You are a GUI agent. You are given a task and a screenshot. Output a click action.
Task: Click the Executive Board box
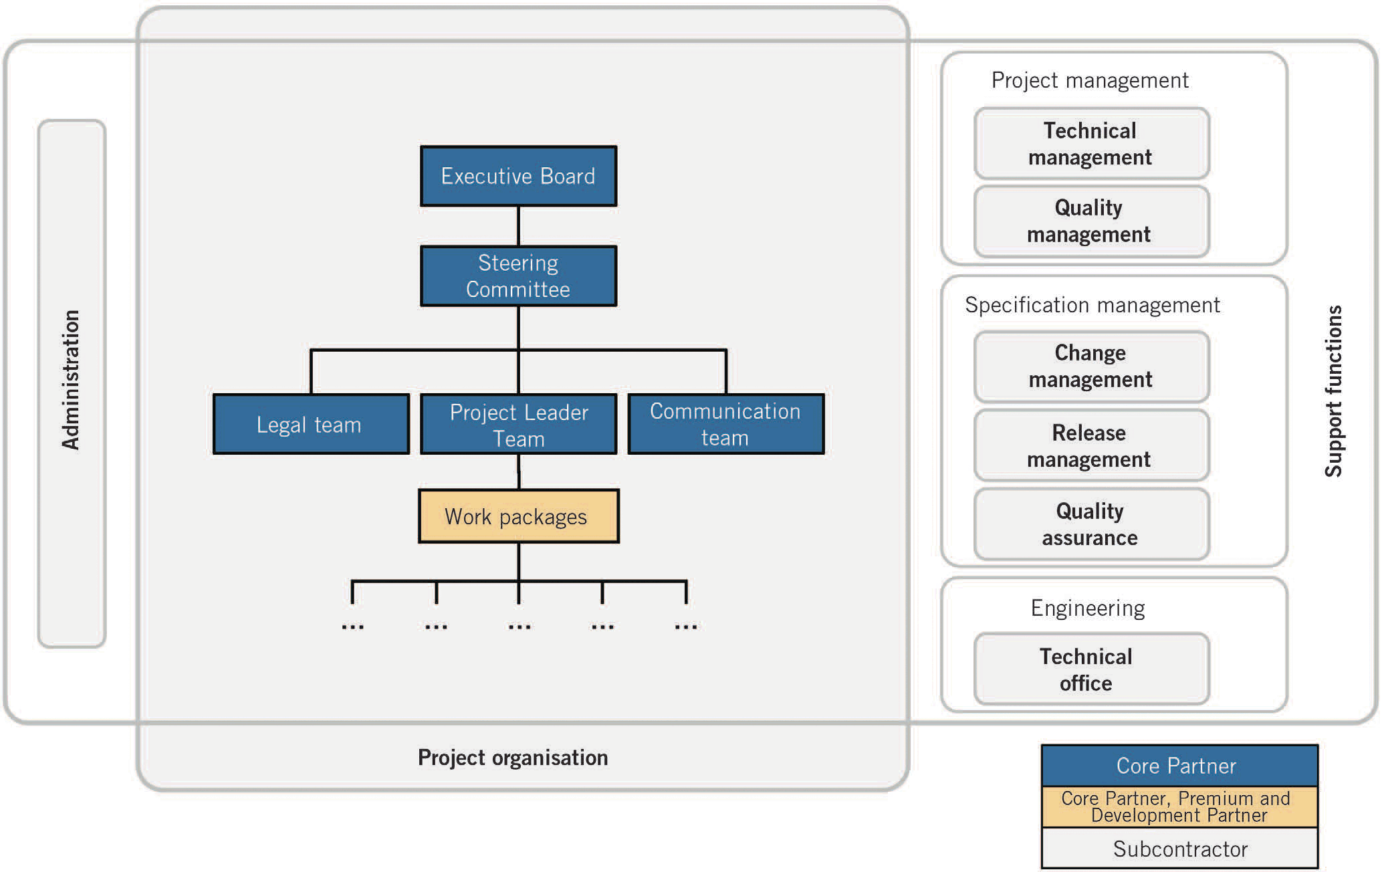[518, 176]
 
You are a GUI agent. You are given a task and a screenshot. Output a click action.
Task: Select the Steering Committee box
[518, 276]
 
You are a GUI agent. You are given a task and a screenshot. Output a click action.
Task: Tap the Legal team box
[311, 424]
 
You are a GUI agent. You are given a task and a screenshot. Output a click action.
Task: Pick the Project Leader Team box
[518, 424]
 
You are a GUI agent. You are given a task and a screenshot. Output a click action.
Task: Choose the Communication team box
[725, 424]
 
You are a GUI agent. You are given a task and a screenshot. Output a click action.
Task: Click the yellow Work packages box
[518, 516]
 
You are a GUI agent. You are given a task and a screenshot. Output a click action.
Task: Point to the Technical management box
[1091, 143]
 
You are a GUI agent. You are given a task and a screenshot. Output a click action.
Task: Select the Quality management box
[1091, 221]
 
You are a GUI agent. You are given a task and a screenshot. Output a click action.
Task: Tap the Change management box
[1091, 366]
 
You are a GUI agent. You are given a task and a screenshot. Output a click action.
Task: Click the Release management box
[1091, 445]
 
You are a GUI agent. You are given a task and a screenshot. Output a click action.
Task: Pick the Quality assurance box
[1091, 524]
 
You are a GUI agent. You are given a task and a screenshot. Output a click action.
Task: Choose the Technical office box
[1091, 669]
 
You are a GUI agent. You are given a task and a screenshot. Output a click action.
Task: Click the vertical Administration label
[71, 379]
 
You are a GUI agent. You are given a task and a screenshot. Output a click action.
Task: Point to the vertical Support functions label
[1333, 391]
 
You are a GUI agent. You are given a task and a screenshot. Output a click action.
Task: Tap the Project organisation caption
[513, 757]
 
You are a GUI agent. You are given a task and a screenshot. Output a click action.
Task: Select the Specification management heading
[1092, 305]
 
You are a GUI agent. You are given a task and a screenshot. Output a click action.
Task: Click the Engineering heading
[1088, 608]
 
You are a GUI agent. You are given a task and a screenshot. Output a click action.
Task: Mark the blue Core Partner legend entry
[1179, 766]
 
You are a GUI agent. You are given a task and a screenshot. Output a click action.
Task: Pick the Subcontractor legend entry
[1179, 849]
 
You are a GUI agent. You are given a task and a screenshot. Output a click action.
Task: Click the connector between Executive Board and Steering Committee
[518, 226]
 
